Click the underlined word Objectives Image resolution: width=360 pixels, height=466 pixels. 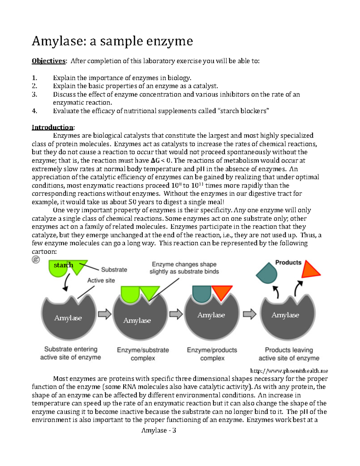(x=48, y=61)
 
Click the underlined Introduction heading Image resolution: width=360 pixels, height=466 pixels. (x=52, y=127)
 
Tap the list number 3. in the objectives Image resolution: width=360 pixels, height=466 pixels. (x=34, y=94)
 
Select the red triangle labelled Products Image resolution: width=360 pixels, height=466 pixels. (x=310, y=270)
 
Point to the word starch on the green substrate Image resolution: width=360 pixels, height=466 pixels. (x=63, y=265)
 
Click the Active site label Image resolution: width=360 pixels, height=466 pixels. (x=101, y=280)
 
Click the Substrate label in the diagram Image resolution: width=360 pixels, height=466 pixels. (x=114, y=269)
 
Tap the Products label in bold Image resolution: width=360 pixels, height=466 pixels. (x=288, y=263)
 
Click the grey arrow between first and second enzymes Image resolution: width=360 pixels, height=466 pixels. (x=105, y=314)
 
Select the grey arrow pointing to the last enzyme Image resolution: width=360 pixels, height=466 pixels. (x=249, y=314)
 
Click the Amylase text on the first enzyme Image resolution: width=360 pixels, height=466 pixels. (x=68, y=318)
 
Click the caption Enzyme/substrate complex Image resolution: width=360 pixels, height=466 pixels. (x=143, y=354)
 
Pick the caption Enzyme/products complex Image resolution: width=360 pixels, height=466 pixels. (x=212, y=354)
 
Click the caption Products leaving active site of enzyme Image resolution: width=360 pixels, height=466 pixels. (x=289, y=354)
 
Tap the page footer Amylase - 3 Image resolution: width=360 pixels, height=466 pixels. (x=158, y=430)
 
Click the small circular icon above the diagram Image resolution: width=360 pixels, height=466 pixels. (x=36, y=260)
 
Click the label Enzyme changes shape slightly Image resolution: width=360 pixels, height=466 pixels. (x=184, y=268)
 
